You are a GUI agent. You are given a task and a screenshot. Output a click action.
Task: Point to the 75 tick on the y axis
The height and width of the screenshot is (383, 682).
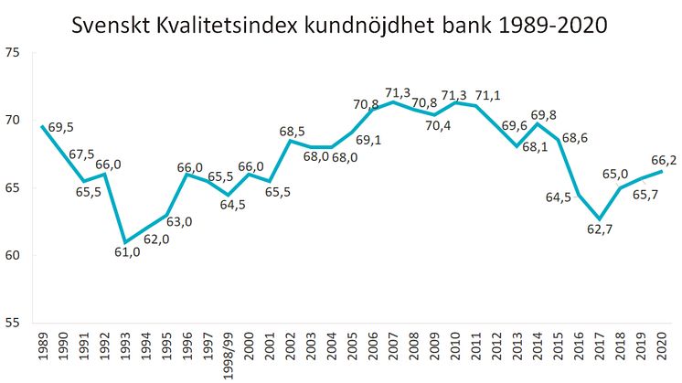point(12,52)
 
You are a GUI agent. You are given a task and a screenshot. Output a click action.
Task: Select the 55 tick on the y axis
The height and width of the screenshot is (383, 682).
point(12,323)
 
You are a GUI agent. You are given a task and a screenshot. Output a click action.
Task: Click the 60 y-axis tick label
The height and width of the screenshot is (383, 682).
point(12,255)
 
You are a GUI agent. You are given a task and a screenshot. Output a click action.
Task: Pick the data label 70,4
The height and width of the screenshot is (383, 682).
point(438,126)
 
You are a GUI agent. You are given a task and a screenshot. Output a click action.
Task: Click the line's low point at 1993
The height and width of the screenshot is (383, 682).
point(125,242)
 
